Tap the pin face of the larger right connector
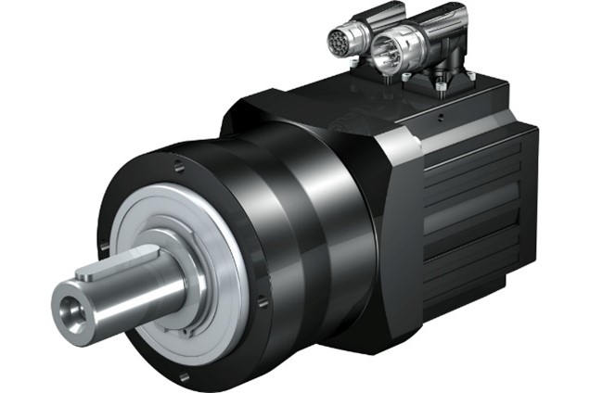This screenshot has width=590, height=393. coord(380,55)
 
